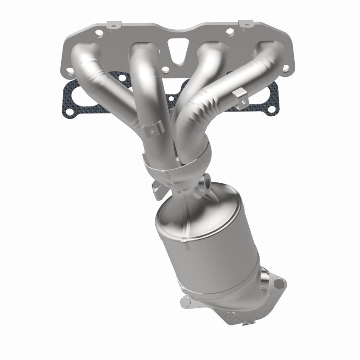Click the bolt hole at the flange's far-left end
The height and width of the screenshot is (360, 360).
pos(70,71)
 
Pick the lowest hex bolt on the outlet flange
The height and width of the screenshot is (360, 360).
pos(231,316)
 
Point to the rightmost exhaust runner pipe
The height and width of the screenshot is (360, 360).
pos(252,76)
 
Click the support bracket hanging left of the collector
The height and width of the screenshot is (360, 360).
pos(156,189)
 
